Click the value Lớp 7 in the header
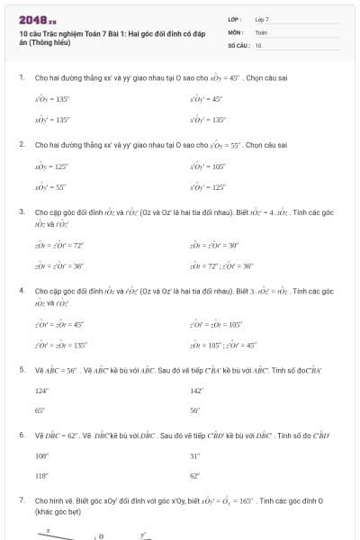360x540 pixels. (262, 19)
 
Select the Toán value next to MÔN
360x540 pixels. (261, 31)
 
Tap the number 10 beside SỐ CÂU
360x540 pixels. (258, 44)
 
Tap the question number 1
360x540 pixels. (21, 76)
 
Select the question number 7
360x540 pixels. (21, 499)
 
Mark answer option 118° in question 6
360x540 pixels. (40, 475)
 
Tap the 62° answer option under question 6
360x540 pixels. (194, 475)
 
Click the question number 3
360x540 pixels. (21, 211)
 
